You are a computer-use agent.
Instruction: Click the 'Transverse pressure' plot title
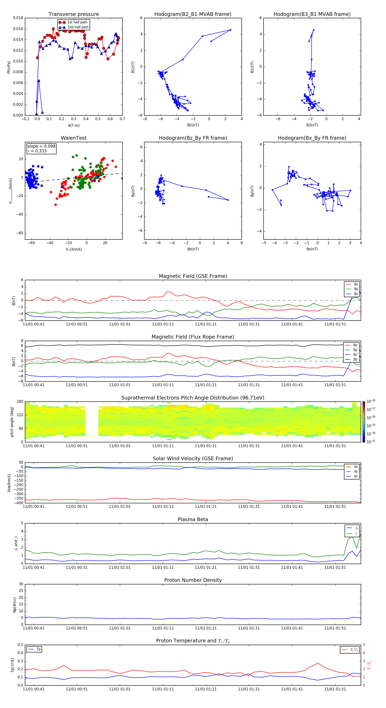click(x=74, y=14)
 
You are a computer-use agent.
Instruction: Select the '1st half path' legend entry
click(x=77, y=22)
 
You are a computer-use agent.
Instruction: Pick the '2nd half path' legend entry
click(x=78, y=27)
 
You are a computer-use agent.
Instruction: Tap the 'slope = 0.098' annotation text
click(x=41, y=146)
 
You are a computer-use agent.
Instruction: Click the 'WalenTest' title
click(x=74, y=138)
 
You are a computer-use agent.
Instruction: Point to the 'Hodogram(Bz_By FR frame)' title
click(x=193, y=138)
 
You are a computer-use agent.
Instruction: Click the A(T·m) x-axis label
click(x=74, y=125)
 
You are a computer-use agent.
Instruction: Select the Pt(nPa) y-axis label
click(x=9, y=67)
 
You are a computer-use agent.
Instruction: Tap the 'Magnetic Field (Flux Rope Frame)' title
click(x=193, y=337)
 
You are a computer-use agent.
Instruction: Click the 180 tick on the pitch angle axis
click(x=20, y=402)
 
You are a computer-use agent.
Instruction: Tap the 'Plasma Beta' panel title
click(x=193, y=519)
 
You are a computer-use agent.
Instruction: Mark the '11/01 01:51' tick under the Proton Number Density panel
click(x=335, y=628)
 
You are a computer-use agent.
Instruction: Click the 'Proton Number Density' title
click(x=193, y=580)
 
